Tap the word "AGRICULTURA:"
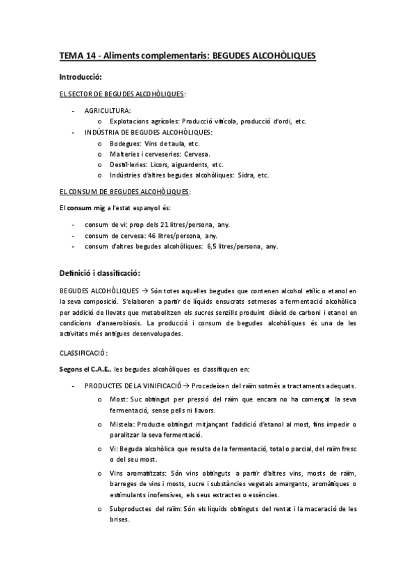(108, 110)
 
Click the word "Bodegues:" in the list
(126, 144)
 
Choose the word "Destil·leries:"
(131, 165)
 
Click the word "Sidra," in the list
(244, 175)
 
